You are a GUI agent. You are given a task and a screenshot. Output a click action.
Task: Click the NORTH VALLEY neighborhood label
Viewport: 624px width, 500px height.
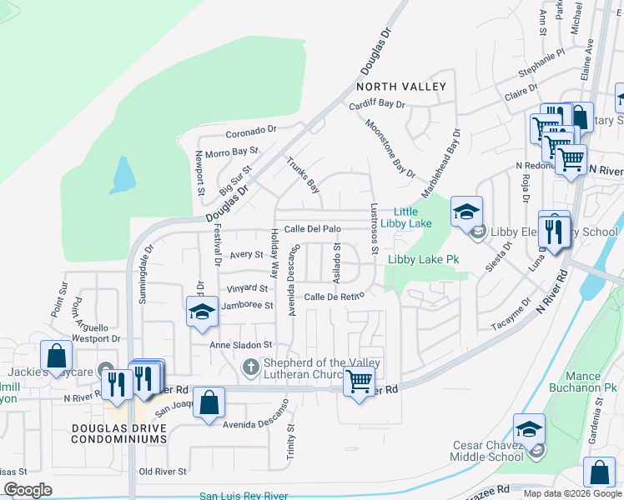(401, 87)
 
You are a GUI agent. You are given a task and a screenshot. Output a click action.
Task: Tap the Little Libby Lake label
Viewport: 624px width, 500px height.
(406, 217)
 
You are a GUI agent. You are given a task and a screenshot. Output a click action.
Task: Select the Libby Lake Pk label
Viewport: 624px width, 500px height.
(424, 260)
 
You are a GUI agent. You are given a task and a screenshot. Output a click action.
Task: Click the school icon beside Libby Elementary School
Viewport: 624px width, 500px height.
(467, 212)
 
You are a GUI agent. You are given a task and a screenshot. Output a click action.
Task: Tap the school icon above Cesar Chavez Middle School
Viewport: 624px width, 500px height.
(529, 429)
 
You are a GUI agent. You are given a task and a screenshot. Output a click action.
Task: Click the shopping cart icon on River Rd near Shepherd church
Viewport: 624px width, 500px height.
(359, 383)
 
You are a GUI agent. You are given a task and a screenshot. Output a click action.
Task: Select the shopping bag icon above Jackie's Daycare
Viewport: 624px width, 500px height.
(56, 356)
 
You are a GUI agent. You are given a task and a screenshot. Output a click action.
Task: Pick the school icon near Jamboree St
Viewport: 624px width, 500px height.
(201, 313)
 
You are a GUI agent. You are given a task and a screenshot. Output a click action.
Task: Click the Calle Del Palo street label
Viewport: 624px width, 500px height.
(313, 229)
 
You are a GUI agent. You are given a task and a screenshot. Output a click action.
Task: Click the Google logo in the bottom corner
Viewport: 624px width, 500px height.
(28, 490)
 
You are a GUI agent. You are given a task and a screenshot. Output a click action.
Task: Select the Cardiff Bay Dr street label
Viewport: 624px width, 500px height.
(376, 105)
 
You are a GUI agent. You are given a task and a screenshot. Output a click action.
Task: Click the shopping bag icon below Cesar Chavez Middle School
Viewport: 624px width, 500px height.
(599, 472)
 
